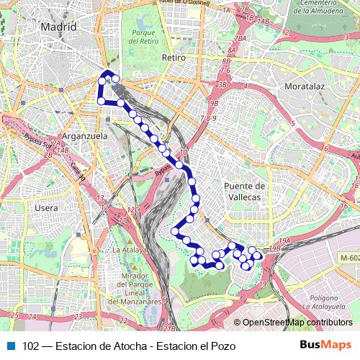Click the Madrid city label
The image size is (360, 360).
tap(58, 27)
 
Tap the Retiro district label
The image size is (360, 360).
tap(174, 57)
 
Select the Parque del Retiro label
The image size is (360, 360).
tap(144, 37)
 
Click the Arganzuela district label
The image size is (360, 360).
tap(84, 135)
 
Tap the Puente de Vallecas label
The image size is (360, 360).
tap(245, 191)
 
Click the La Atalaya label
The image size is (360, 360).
tap(129, 250)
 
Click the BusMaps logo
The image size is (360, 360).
tap(325, 345)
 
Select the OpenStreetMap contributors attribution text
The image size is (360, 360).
tap(297, 323)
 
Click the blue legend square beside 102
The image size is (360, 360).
tap(11, 346)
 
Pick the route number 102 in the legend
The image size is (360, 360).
tap(31, 346)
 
